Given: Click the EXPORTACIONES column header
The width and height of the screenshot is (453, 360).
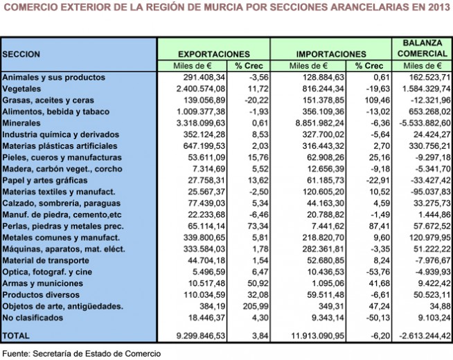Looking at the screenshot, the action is click(x=214, y=54).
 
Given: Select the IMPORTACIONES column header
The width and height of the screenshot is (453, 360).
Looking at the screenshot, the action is click(x=331, y=54).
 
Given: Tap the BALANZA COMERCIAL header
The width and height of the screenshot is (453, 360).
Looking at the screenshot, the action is click(x=423, y=48).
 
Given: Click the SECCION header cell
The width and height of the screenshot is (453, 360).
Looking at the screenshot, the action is click(x=21, y=54).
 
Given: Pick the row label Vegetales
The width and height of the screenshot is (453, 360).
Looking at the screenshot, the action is click(x=21, y=89).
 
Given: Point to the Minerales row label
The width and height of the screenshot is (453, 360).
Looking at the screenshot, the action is click(x=21, y=123).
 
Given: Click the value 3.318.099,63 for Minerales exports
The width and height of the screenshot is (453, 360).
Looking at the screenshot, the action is click(x=201, y=123).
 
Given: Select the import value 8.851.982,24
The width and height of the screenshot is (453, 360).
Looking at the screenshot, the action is click(x=320, y=123).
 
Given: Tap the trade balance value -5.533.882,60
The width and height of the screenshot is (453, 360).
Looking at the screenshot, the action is click(x=425, y=123).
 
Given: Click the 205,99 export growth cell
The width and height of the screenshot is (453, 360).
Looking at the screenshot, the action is click(x=256, y=306).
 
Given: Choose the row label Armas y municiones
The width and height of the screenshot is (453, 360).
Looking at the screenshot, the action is click(x=43, y=283).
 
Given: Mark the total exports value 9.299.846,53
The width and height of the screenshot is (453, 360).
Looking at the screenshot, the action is click(x=201, y=336).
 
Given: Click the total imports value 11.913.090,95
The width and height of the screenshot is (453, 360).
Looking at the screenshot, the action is click(x=317, y=336).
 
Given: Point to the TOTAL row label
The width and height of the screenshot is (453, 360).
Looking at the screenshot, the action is click(x=16, y=336).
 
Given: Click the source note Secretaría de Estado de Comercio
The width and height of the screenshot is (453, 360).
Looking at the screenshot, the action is click(x=97, y=354).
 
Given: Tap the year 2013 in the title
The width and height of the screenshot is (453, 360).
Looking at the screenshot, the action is click(x=439, y=6).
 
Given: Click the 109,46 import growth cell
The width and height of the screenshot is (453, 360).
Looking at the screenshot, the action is click(x=377, y=100).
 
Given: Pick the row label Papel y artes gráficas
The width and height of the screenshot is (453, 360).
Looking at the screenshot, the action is click(x=45, y=180).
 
